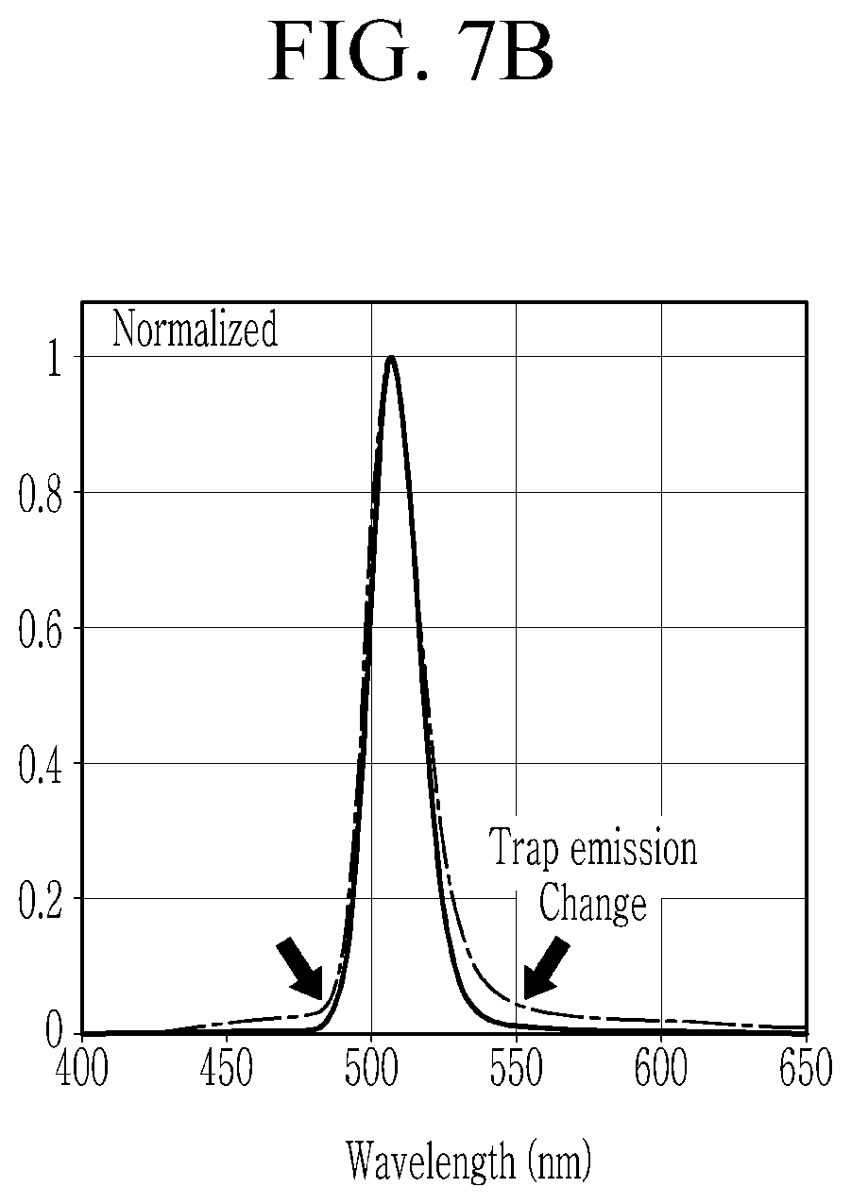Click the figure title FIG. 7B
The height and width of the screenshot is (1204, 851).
[x=411, y=51]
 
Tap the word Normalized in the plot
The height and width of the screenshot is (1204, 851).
[x=195, y=329]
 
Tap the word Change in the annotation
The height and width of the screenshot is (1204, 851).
[x=592, y=904]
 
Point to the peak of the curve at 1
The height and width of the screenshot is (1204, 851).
[x=391, y=357]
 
